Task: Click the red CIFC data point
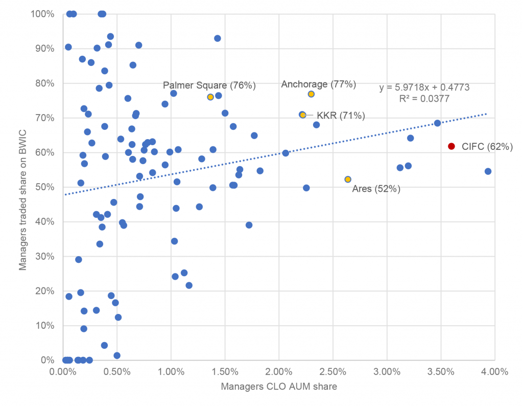pos(451,146)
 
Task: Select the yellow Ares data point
pos(348,179)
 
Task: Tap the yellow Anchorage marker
pos(311,94)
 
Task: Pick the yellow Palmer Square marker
pos(210,97)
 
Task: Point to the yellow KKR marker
pos(302,115)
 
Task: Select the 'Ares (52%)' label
pos(376,189)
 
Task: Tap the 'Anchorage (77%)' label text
pos(319,84)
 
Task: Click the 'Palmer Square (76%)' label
pos(209,85)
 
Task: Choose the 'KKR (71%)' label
pos(341,116)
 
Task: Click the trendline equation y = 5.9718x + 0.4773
pos(424,88)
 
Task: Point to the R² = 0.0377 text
pos(424,99)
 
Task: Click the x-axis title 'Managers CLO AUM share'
pos(279,387)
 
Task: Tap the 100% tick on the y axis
pos(43,14)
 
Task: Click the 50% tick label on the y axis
pos(45,187)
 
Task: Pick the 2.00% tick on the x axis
pos(279,372)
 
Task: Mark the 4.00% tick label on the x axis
pos(494,372)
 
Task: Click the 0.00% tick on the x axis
pos(63,372)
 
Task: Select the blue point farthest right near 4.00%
pos(488,171)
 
